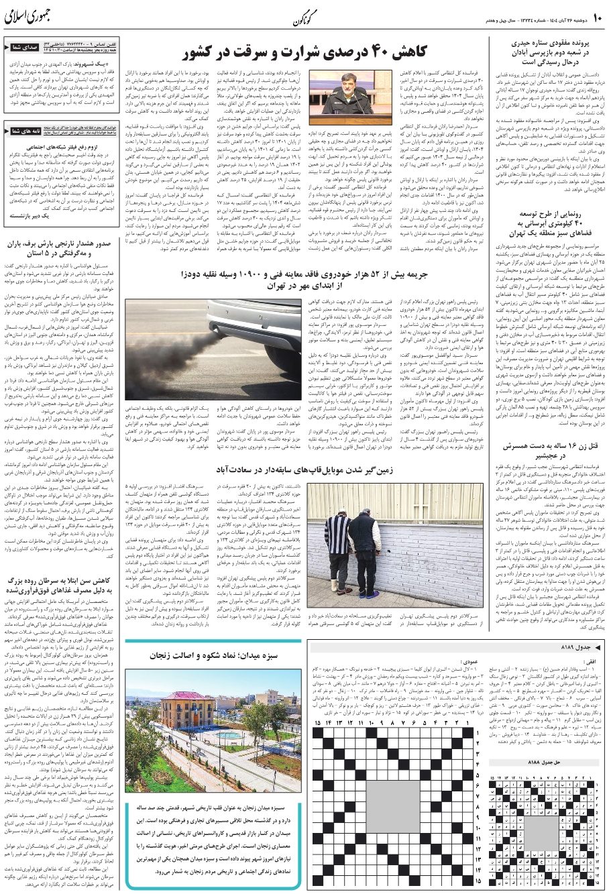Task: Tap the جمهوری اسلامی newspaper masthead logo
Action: (27, 16)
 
